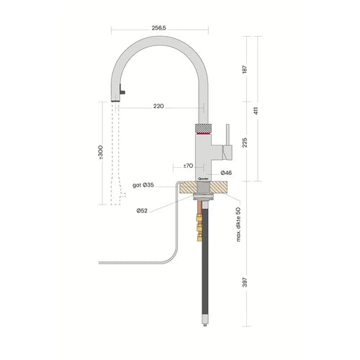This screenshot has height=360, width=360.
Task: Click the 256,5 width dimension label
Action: pyautogui.click(x=158, y=28)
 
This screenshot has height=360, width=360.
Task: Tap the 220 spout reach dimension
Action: pyautogui.click(x=158, y=106)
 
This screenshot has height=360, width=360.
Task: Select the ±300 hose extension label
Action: pyautogui.click(x=101, y=152)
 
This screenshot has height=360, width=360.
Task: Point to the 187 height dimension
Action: pyautogui.click(x=245, y=69)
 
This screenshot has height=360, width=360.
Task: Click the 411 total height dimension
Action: pyautogui.click(x=256, y=110)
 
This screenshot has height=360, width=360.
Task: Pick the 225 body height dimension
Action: pyautogui.click(x=245, y=143)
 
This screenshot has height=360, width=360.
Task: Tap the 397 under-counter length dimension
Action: pyautogui.click(x=245, y=282)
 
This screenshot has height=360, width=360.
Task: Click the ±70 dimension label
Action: pyautogui.click(x=188, y=166)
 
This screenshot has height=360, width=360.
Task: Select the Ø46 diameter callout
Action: pyautogui.click(x=226, y=173)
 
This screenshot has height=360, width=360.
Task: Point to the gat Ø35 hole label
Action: pyautogui.click(x=143, y=185)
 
